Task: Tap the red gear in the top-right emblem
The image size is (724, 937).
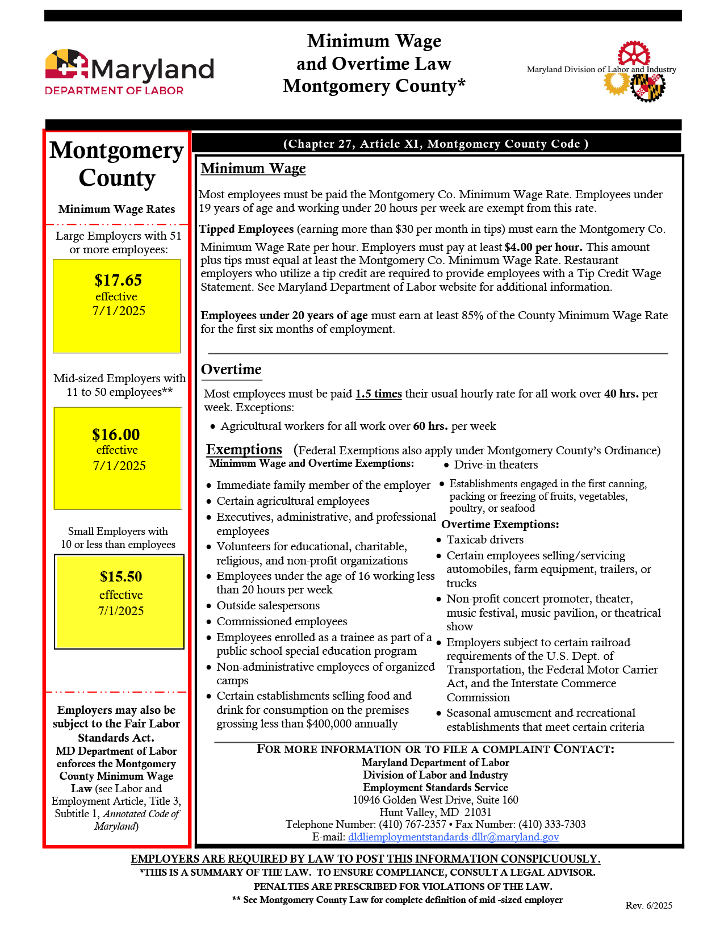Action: point(633,54)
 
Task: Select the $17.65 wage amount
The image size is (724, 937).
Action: point(118,280)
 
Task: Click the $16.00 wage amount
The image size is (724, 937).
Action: point(116,434)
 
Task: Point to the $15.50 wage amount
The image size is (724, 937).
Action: point(121,576)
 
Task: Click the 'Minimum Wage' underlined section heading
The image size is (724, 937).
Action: point(253,169)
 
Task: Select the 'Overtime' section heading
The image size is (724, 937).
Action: point(231,370)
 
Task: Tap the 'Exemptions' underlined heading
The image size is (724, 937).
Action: point(244,450)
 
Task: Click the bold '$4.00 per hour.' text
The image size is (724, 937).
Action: point(543,247)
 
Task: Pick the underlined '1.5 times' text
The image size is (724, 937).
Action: point(379,394)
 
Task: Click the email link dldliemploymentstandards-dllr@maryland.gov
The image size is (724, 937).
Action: point(453,837)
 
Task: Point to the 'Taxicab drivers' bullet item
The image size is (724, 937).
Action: point(485,539)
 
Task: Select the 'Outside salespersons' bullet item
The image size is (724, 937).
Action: point(268,605)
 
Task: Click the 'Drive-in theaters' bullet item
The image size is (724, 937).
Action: point(496,465)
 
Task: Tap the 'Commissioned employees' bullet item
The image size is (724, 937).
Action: point(282,621)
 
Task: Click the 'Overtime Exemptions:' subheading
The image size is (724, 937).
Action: point(500,524)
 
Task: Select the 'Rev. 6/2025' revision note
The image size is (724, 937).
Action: point(648,905)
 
